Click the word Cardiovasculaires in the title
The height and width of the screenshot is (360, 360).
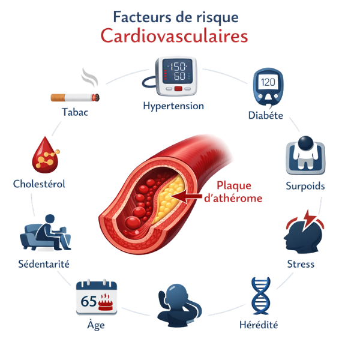(x=174, y=36)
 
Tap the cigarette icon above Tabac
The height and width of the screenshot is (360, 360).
(x=75, y=98)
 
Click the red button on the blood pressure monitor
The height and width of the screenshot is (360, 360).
(x=178, y=89)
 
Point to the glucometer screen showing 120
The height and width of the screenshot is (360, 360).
(x=268, y=82)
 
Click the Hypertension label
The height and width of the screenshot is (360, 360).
(x=173, y=106)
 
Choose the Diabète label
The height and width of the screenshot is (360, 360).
(x=266, y=115)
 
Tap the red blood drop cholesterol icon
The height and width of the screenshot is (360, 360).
(x=45, y=155)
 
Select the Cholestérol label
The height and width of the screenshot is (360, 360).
(x=39, y=184)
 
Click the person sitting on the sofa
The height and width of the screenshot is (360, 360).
(x=52, y=232)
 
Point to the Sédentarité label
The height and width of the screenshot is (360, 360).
(x=44, y=264)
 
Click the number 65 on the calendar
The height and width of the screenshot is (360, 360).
(x=89, y=301)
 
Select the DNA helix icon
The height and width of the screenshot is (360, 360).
(x=261, y=296)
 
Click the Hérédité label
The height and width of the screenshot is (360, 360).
(x=259, y=325)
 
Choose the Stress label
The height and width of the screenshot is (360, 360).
(x=301, y=264)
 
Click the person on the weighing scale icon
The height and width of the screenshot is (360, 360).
(x=305, y=152)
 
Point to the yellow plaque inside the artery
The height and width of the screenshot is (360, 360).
(x=169, y=199)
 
